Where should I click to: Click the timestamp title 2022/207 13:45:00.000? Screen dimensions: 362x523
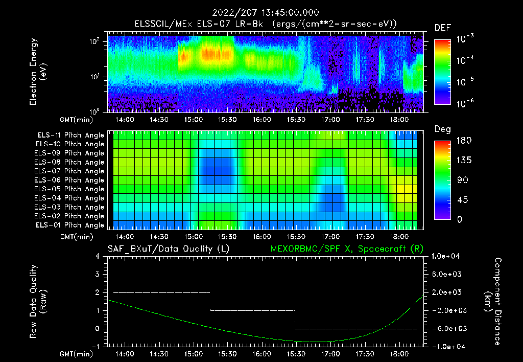(x=261, y=13)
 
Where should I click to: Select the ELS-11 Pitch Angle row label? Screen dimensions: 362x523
(x=70, y=135)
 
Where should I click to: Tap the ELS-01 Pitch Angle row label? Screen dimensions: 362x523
(x=70, y=225)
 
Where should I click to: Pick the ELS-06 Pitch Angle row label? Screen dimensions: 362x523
(x=70, y=180)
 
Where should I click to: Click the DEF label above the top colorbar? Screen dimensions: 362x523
(x=442, y=28)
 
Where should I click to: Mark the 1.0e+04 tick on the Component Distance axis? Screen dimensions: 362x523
(x=447, y=256)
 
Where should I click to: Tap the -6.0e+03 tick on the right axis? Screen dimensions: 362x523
(x=447, y=328)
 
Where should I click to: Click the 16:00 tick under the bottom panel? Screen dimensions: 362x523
(x=261, y=354)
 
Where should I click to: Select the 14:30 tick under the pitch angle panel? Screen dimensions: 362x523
(x=158, y=237)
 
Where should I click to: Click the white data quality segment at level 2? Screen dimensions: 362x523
(x=161, y=292)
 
